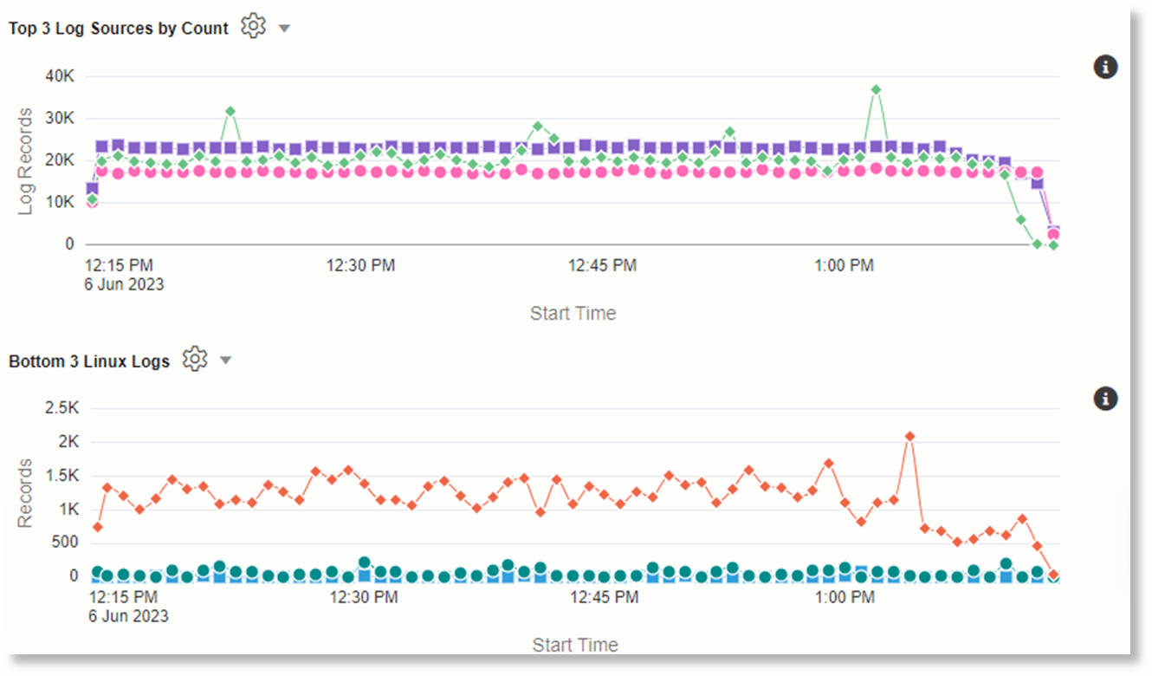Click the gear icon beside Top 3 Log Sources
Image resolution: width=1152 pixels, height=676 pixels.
[252, 26]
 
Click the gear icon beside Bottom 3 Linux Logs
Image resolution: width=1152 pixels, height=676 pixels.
[195, 359]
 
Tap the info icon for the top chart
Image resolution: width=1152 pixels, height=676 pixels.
[1105, 67]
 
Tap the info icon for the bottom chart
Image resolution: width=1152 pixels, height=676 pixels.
[1105, 399]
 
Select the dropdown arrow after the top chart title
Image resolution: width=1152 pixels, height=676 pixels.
[284, 29]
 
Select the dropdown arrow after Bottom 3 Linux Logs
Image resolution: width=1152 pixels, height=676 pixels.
[225, 361]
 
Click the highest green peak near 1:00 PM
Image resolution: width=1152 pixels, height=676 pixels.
[876, 90]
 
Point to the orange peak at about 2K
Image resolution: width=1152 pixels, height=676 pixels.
[909, 436]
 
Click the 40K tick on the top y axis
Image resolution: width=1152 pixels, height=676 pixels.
[60, 76]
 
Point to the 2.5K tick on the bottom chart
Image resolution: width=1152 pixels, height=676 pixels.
[61, 408]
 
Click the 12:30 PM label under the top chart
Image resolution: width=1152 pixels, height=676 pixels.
[360, 266]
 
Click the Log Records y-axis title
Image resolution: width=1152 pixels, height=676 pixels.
[25, 161]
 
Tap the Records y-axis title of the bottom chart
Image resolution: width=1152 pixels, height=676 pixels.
[25, 493]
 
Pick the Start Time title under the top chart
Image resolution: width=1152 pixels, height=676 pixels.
[573, 314]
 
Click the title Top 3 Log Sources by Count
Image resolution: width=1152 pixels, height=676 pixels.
[119, 29]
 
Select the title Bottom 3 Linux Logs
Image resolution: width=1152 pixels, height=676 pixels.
[89, 361]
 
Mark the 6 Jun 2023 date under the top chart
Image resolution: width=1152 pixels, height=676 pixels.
[124, 284]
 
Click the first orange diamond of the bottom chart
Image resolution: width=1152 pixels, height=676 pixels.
[98, 527]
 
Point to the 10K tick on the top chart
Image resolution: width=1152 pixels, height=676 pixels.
[60, 203]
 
